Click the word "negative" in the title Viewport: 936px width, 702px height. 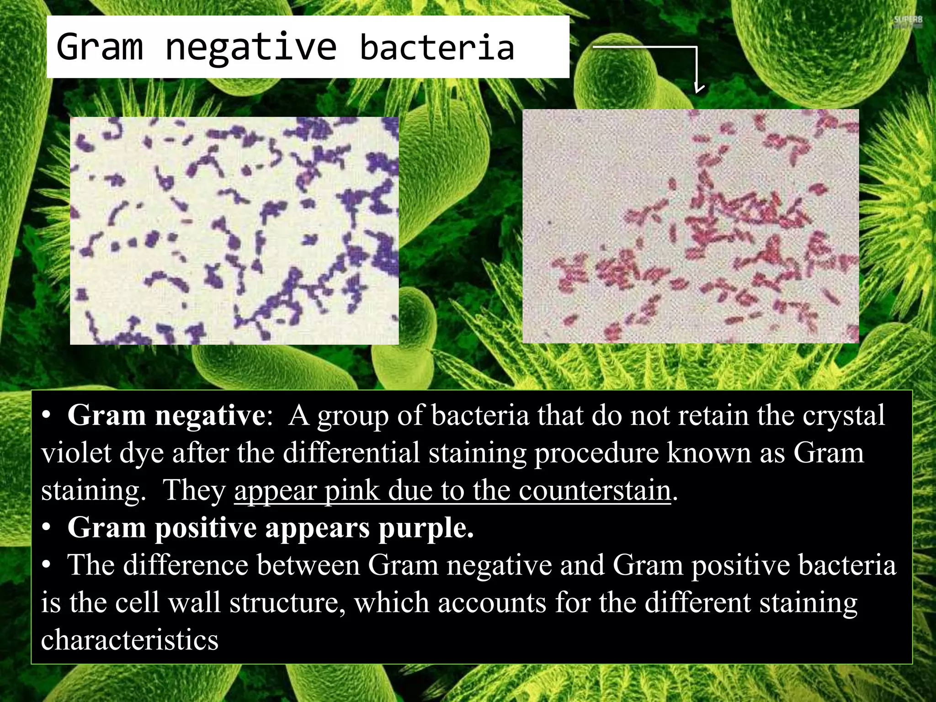tap(250, 48)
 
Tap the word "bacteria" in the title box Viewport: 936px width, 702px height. tap(437, 48)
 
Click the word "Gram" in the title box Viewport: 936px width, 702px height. tap(100, 47)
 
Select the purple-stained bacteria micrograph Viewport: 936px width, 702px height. tap(234, 230)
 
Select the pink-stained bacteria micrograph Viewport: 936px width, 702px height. tap(690, 226)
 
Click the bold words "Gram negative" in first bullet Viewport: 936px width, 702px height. tap(166, 415)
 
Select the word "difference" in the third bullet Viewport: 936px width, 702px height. tap(186, 565)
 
